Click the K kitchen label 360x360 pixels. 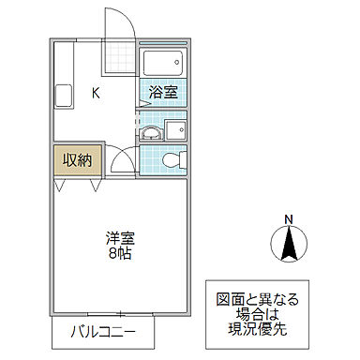[96, 93]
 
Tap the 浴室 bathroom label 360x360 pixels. [163, 92]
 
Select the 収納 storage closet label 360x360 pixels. [77, 160]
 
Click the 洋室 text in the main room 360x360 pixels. [120, 238]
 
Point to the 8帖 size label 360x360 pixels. [120, 254]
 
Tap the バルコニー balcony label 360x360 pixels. [103, 332]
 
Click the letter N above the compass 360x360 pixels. [289, 219]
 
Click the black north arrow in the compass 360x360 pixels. [289, 243]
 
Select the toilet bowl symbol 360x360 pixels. [174, 160]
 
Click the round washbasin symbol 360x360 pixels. [151, 133]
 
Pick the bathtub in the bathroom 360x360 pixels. [163, 63]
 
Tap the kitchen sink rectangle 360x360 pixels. [64, 96]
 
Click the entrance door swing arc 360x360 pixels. [127, 19]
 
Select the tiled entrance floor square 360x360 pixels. [119, 57]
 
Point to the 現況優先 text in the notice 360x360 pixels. [258, 329]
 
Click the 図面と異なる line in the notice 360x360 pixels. [258, 300]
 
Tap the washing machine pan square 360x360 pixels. [175, 129]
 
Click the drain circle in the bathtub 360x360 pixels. [177, 62]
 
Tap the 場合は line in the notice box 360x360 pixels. [258, 314]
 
